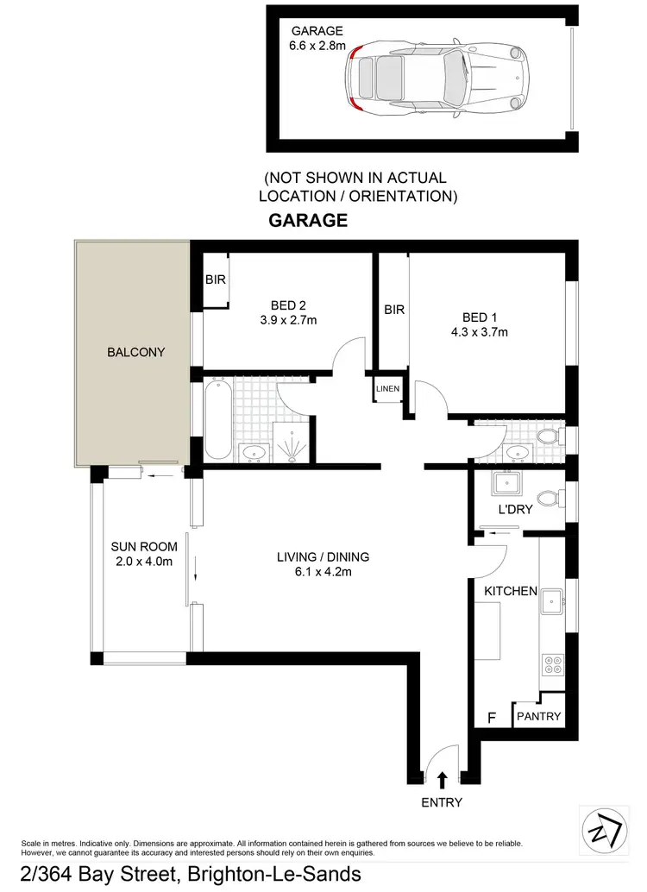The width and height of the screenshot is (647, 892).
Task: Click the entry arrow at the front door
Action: pyautogui.click(x=443, y=780)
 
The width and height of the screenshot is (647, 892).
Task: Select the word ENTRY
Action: pyautogui.click(x=443, y=802)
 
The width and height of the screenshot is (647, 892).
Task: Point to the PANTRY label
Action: pyautogui.click(x=538, y=716)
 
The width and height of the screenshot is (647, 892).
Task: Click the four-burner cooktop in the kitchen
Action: pyautogui.click(x=551, y=665)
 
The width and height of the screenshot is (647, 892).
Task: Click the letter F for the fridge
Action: pyautogui.click(x=493, y=716)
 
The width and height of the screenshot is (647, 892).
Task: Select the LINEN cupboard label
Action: pyautogui.click(x=387, y=389)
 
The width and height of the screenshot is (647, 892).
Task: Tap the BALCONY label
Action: pyautogui.click(x=135, y=352)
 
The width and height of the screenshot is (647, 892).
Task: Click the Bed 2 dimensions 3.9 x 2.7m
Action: pyautogui.click(x=289, y=321)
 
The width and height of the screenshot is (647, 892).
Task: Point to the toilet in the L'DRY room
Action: pyautogui.click(x=547, y=498)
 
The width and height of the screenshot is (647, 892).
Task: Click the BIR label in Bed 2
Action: pyautogui.click(x=215, y=280)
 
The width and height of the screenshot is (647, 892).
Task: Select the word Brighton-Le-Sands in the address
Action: pyautogui.click(x=274, y=875)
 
